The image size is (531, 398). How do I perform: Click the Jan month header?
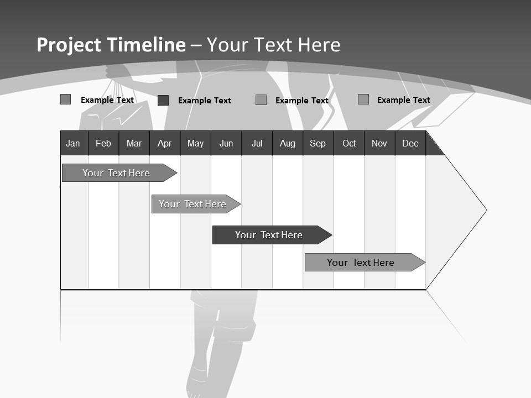[x=73, y=143]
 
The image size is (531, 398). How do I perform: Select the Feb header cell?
[x=103, y=143]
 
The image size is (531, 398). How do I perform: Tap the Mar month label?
[x=134, y=143]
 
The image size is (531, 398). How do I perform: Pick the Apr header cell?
[x=164, y=143]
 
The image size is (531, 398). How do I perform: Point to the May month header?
[x=195, y=143]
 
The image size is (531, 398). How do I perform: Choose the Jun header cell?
[x=226, y=143]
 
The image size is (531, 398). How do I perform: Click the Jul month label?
[x=257, y=143]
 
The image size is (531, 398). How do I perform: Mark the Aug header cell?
[x=288, y=143]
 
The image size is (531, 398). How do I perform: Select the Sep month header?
[x=318, y=143]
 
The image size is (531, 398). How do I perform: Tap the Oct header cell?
[x=349, y=143]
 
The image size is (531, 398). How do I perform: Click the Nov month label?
[x=379, y=143]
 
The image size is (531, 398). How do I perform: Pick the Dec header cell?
[x=410, y=143]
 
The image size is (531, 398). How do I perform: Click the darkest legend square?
[x=163, y=100]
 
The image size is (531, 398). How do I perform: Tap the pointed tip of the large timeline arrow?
[x=485, y=210]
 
